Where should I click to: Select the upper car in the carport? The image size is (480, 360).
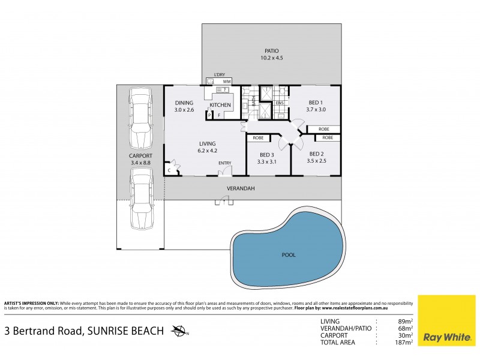pyautogui.click(x=140, y=111)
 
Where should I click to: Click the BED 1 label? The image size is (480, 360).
pyautogui.click(x=316, y=103)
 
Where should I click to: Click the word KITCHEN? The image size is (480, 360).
pyautogui.click(x=220, y=106)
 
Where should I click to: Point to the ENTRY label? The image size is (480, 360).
pyautogui.click(x=225, y=163)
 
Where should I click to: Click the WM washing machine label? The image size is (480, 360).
pyautogui.click(x=227, y=81)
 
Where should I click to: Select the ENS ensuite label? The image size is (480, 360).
pyautogui.click(x=280, y=103)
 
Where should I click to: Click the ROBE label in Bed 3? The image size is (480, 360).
pyautogui.click(x=258, y=137)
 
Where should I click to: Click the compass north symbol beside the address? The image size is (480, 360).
pyautogui.click(x=179, y=331)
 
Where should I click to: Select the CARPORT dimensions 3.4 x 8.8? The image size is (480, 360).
pyautogui.click(x=140, y=161)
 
